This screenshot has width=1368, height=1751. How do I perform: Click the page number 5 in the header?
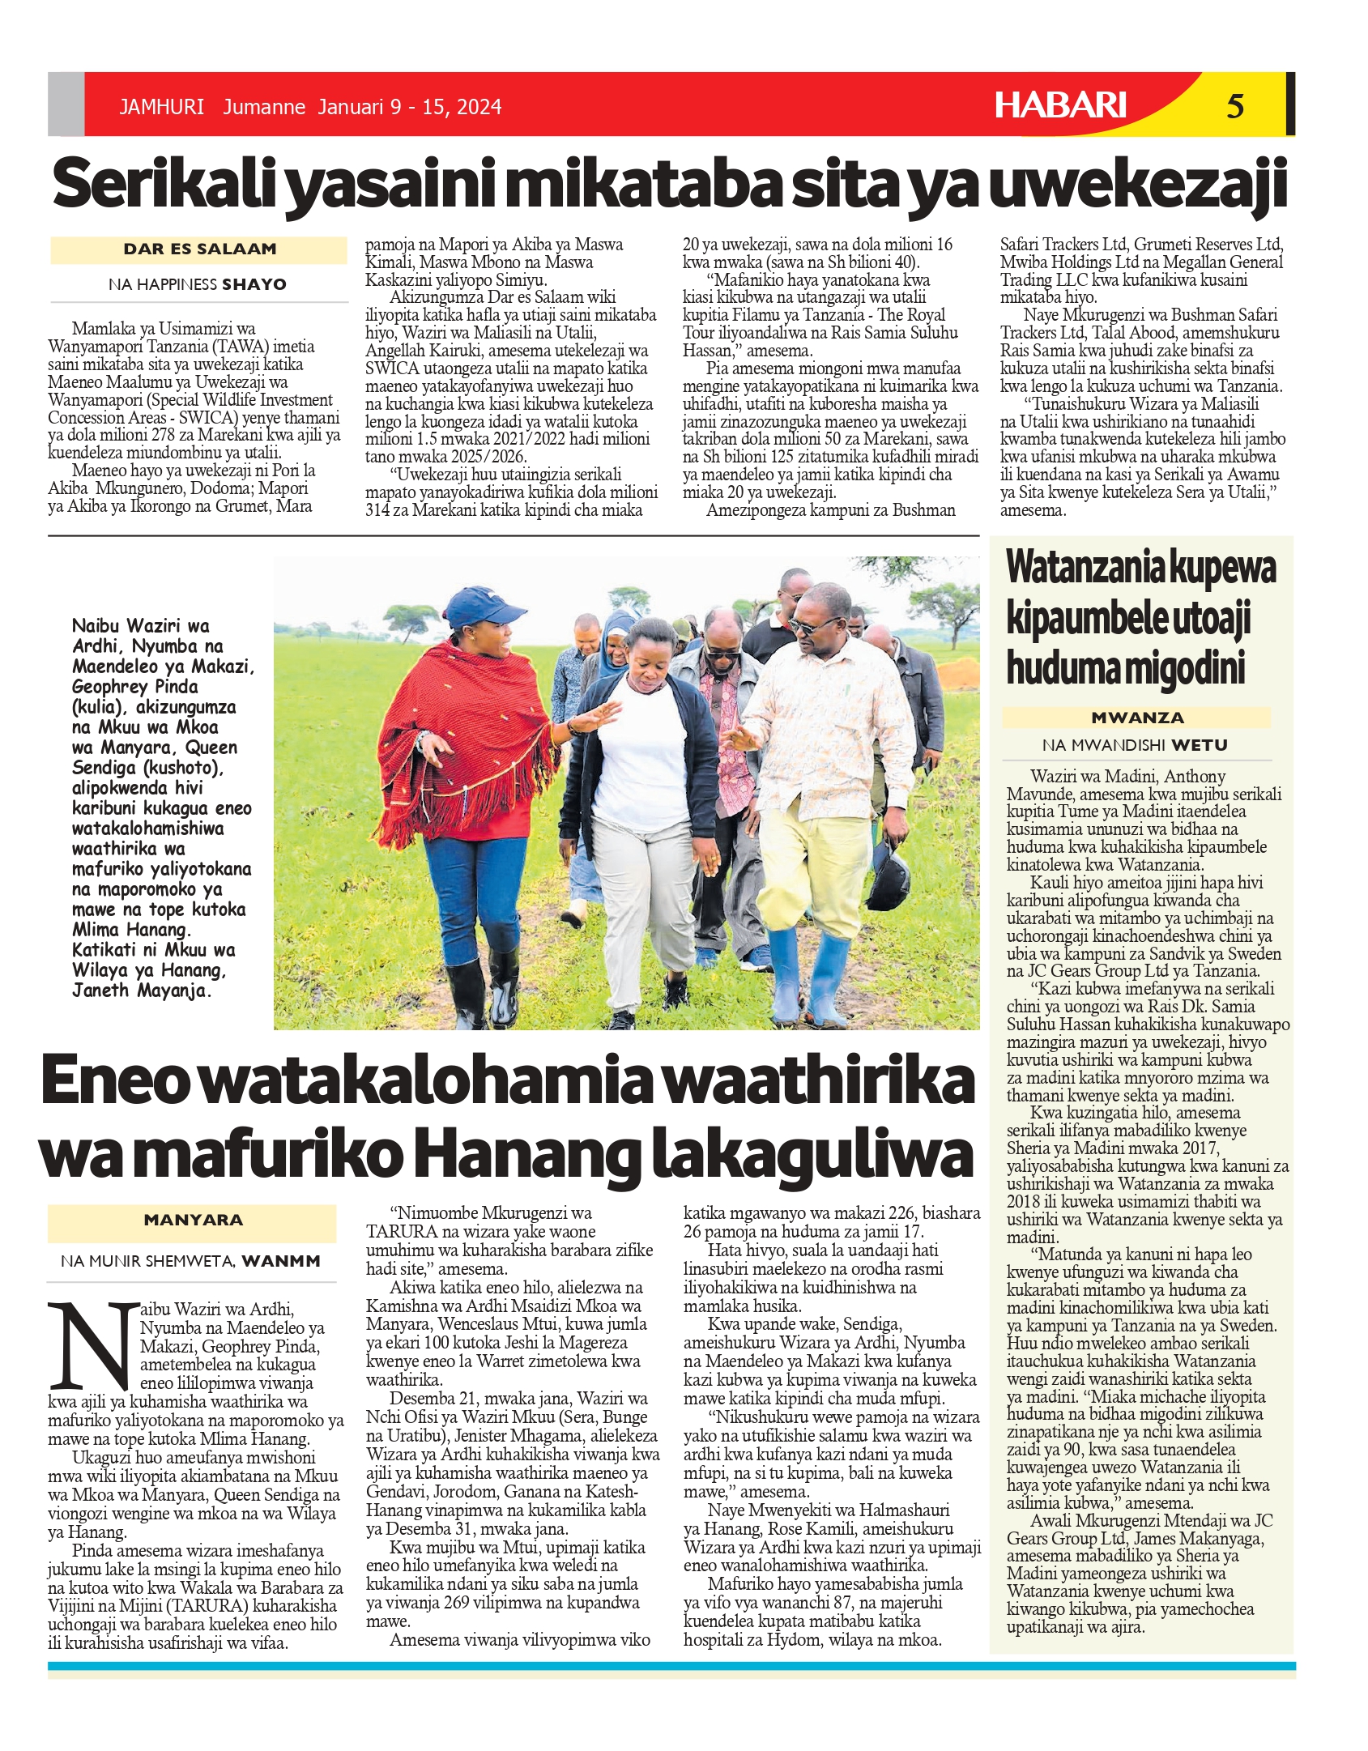[1234, 106]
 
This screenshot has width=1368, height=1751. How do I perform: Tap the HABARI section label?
[1060, 105]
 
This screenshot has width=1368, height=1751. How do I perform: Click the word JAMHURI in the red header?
[161, 107]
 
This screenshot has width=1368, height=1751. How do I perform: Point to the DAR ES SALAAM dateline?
[199, 249]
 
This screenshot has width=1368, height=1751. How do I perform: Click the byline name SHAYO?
[254, 284]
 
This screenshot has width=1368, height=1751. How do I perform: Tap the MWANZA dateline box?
[1136, 718]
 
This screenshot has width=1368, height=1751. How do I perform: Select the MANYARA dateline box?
[193, 1220]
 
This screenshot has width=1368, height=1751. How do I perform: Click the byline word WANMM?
[280, 1261]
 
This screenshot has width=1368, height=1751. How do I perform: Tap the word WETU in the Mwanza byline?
[1199, 745]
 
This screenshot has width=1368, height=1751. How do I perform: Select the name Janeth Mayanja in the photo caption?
[141, 991]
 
